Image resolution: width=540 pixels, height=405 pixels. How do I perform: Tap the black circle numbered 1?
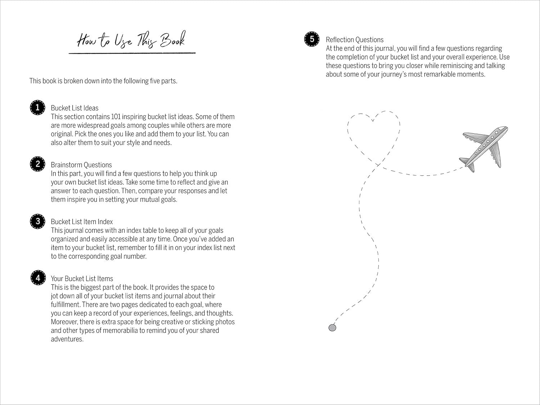(37, 108)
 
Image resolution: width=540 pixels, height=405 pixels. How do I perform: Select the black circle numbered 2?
(37, 164)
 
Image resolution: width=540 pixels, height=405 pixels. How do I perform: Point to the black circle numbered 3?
(37, 221)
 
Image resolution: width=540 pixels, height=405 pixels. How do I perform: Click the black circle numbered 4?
(37, 278)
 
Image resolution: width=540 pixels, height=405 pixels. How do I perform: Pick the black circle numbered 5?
(312, 39)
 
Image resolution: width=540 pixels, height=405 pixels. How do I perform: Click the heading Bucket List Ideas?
(75, 108)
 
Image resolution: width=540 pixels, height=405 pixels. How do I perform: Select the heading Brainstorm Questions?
(81, 165)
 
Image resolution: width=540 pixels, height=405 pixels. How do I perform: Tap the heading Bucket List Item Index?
(82, 222)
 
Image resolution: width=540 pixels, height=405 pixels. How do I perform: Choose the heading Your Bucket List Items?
(82, 279)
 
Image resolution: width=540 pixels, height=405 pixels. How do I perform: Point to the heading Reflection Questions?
(355, 40)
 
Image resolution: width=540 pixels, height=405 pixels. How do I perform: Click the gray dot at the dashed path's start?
(332, 328)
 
